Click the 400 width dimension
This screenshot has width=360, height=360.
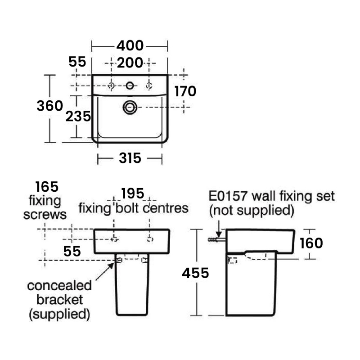[130, 45]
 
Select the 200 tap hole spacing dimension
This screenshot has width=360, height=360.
[130, 63]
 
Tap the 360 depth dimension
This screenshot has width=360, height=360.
[49, 106]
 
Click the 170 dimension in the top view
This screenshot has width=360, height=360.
[185, 92]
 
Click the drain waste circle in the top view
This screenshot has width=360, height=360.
[130, 107]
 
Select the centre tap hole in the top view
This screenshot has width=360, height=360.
[130, 85]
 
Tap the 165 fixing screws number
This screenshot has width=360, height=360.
[47, 187]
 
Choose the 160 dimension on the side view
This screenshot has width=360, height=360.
[311, 243]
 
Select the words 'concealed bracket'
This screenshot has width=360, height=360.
[59, 292]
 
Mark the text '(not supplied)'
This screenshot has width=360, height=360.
[252, 210]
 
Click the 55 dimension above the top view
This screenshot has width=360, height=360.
[77, 62]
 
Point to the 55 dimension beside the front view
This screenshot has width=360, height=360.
[72, 252]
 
